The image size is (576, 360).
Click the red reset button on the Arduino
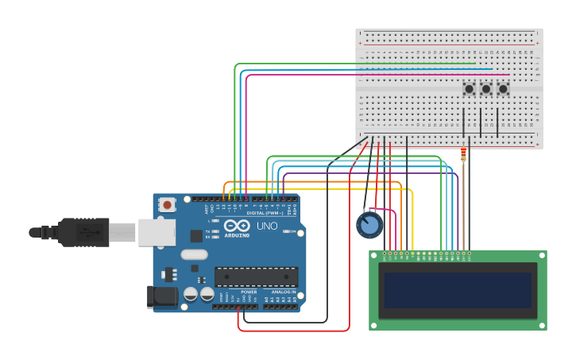(x=167, y=204)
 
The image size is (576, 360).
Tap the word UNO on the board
(x=267, y=226)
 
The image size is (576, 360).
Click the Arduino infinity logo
(x=237, y=226)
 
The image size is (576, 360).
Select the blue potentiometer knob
(x=369, y=226)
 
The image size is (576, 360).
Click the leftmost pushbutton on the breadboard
(x=469, y=89)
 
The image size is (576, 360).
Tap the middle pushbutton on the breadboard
(x=485, y=89)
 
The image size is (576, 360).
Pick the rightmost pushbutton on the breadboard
(x=503, y=89)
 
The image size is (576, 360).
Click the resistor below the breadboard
(x=463, y=154)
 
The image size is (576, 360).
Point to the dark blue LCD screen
(x=458, y=290)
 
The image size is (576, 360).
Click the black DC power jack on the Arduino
(x=163, y=296)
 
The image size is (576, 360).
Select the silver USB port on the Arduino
(x=157, y=232)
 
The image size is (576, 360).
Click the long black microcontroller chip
(x=256, y=277)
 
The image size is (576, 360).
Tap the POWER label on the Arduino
(x=249, y=292)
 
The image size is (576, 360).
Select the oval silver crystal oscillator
(x=194, y=255)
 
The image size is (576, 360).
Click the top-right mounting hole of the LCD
(x=541, y=257)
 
